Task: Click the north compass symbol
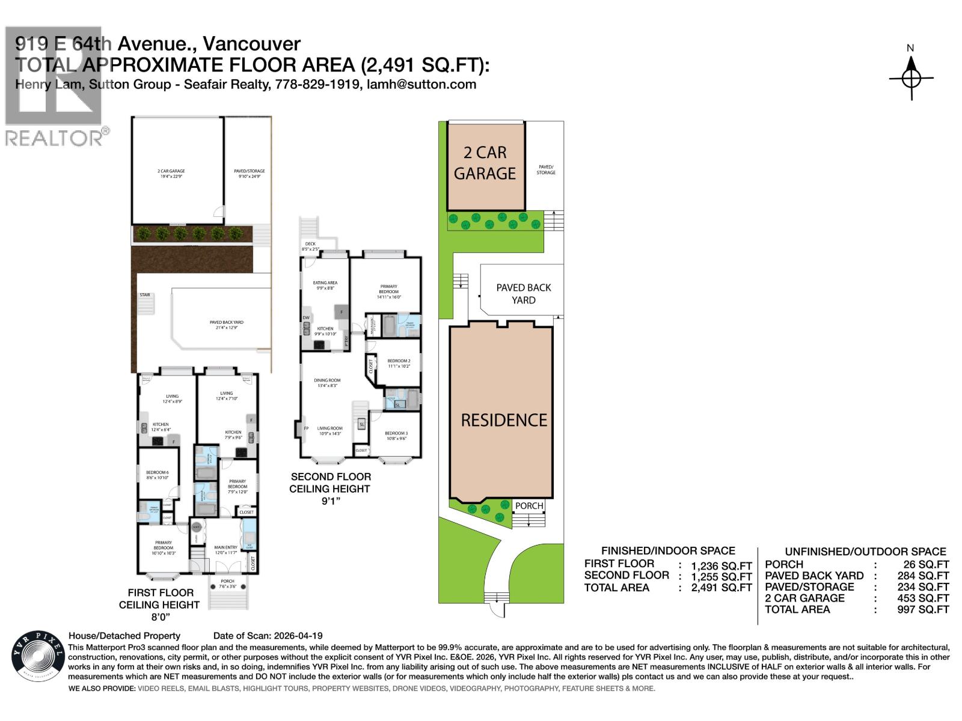coord(911,78)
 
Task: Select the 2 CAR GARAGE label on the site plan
coord(485,163)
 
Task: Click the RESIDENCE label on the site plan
coord(504,419)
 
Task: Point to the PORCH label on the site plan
coord(529,506)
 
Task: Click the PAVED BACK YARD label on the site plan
coord(523,294)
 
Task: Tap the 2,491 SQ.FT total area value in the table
coord(721,588)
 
